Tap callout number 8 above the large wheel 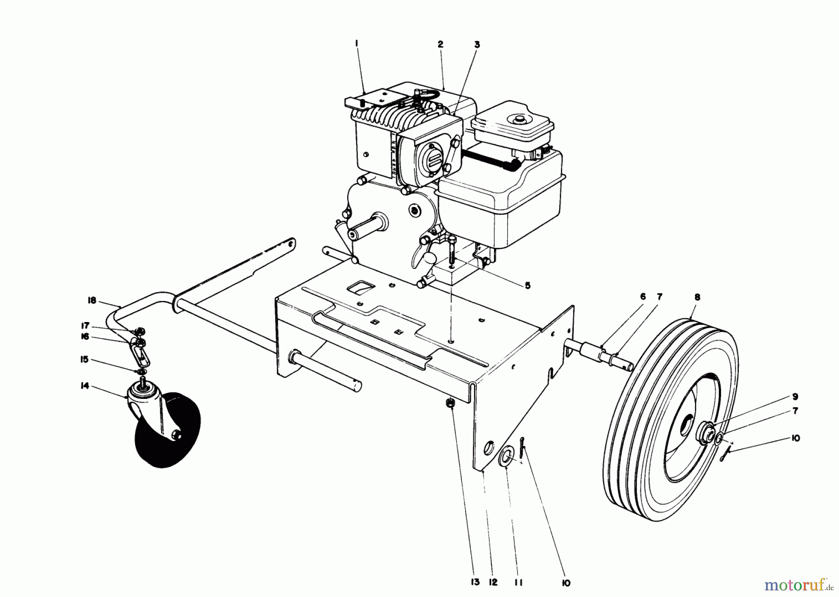pyautogui.click(x=697, y=297)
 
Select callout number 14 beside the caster pyautogui.click(x=85, y=386)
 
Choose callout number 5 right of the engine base pyautogui.click(x=527, y=286)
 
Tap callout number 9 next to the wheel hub pyautogui.click(x=795, y=397)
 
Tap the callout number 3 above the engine pyautogui.click(x=477, y=45)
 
